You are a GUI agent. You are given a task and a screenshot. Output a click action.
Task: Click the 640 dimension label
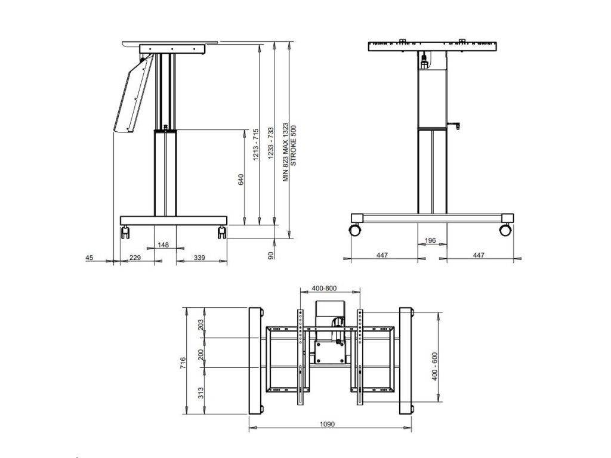click(241, 180)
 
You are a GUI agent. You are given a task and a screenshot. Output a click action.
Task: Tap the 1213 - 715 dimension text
click(255, 144)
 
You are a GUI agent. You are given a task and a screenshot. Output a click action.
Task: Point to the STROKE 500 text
click(294, 146)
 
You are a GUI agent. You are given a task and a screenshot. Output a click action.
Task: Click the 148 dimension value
click(163, 245)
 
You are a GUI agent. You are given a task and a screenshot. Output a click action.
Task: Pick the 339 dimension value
click(199, 258)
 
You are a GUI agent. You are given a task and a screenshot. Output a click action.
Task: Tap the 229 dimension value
click(135, 258)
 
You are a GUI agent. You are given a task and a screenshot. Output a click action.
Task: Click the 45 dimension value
click(90, 258)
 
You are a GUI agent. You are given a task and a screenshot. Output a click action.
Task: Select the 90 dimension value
click(271, 255)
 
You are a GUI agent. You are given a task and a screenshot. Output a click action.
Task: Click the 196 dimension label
click(430, 240)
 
